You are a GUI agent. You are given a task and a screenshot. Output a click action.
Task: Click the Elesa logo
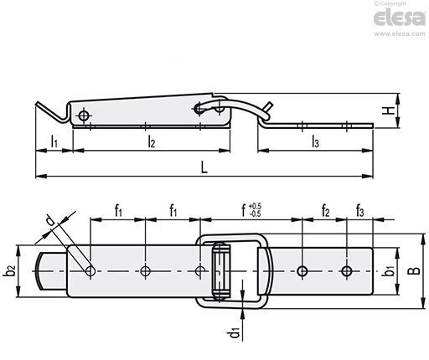[x=400, y=18]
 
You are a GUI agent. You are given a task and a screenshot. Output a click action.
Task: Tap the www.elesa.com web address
[x=400, y=33]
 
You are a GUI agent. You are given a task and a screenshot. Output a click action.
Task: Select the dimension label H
[x=389, y=111]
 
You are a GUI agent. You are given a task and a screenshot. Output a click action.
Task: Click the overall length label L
[x=204, y=167]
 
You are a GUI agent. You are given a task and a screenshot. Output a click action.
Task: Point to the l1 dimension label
[x=54, y=141]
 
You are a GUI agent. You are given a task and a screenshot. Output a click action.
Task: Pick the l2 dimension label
[x=151, y=141]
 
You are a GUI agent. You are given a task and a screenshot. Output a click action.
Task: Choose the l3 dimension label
[x=315, y=141]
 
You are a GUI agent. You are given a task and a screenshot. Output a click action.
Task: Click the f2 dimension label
[x=325, y=210]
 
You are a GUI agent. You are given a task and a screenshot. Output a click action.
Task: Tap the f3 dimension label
[x=359, y=210]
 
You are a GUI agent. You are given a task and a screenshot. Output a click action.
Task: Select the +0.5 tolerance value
[x=255, y=207]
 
